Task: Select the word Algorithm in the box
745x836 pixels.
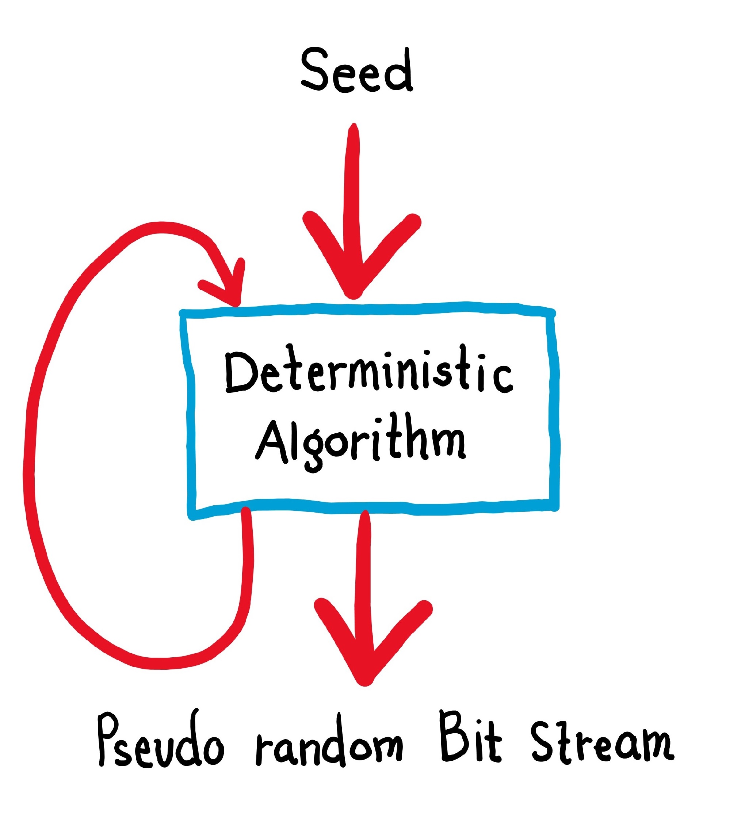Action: click(360, 442)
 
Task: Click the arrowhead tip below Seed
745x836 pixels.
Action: click(353, 294)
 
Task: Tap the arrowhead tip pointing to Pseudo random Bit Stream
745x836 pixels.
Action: click(364, 680)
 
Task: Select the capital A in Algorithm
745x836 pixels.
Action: click(270, 442)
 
